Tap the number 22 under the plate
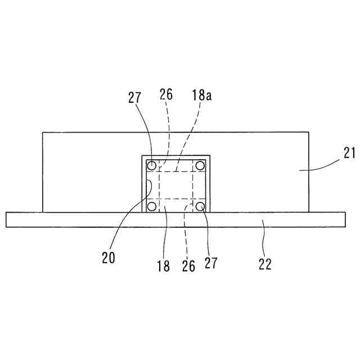265,264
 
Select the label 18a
201,96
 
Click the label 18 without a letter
163,265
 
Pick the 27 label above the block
134,97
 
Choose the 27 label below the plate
211,262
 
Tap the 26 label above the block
166,94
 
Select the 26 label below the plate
189,265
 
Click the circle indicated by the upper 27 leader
151,165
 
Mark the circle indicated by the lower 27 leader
199,206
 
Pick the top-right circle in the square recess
199,165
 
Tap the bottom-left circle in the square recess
151,206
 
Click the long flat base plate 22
175,219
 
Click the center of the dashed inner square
175,186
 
